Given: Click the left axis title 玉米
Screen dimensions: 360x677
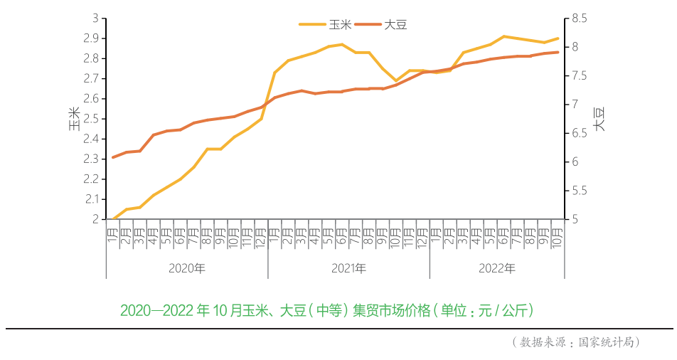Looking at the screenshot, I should (74, 119).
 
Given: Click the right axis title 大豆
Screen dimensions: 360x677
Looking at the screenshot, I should (599, 119).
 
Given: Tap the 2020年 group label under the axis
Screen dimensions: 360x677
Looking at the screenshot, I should (187, 268).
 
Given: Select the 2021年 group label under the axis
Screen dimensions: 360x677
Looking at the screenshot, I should (348, 268).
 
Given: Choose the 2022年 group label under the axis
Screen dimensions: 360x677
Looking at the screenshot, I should (497, 268).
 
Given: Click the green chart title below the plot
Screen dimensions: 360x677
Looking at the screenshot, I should (326, 311).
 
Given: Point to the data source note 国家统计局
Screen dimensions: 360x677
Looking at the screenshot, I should (576, 342).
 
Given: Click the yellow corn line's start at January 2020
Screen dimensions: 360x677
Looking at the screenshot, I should (113, 219).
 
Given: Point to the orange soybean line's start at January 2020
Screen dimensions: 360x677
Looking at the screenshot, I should (113, 157).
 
